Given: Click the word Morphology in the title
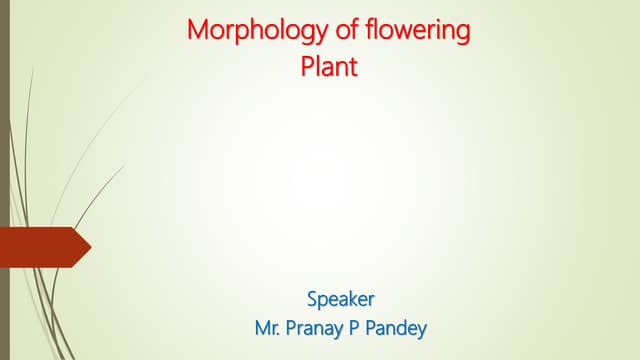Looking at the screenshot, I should click(x=247, y=31).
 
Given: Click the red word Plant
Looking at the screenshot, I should click(x=328, y=68).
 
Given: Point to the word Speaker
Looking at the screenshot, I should click(x=341, y=297).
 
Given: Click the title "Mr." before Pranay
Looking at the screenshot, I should click(x=268, y=327).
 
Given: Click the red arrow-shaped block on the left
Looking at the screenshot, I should click(x=40, y=247).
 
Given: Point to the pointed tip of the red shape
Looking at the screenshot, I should click(x=89, y=247).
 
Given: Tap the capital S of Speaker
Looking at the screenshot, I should click(x=312, y=297).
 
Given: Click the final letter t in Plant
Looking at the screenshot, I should click(x=352, y=68).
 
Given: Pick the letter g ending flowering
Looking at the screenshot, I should click(x=462, y=34).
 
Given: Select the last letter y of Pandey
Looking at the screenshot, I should click(x=424, y=329).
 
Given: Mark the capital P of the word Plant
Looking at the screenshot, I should click(x=307, y=68).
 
